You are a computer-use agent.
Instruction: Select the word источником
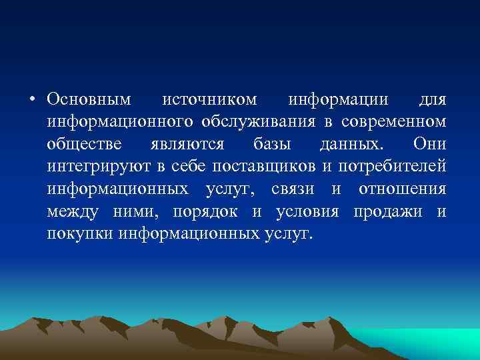(210, 99)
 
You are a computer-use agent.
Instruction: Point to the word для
(432, 99)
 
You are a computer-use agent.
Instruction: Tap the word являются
(193, 145)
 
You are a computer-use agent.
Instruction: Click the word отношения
(402, 190)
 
